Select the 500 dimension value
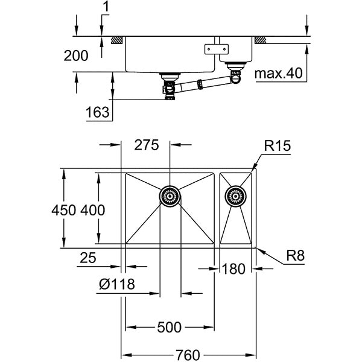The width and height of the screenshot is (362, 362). (x=169, y=328)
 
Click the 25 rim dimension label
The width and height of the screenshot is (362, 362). (x=88, y=258)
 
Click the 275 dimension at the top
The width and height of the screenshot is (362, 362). (x=146, y=145)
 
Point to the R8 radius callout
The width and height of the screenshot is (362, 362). (x=295, y=256)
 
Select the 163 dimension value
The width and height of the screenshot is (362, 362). (x=97, y=112)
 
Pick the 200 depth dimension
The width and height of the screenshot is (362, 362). (x=75, y=56)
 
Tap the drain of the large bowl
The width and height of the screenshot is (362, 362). (x=170, y=195)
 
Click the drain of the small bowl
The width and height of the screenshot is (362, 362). (x=236, y=195)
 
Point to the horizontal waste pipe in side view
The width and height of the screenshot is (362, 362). (x=199, y=84)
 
